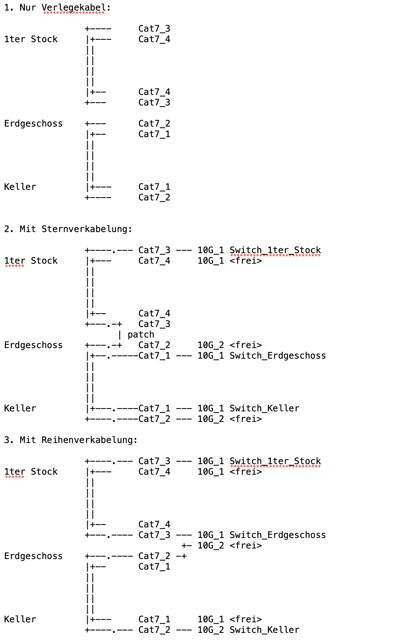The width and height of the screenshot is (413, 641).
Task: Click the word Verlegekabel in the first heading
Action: tap(73, 8)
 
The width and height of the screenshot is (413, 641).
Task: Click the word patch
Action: tap(141, 335)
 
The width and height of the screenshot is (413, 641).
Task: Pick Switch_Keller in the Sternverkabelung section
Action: tap(265, 409)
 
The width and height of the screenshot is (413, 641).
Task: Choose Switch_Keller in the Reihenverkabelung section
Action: tap(265, 630)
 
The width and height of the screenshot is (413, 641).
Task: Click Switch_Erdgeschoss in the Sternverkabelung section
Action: tap(277, 356)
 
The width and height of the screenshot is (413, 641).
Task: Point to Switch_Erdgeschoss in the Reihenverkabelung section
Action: tap(277, 535)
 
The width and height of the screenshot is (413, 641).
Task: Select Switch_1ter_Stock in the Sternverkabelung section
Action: tap(275, 250)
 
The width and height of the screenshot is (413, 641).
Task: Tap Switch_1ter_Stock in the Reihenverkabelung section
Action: tap(275, 461)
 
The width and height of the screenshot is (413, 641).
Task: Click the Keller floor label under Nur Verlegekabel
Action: tap(20, 187)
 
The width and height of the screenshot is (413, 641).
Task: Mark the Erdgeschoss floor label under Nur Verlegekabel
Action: tap(33, 124)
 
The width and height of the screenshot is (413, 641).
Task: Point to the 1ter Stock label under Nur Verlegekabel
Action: tap(31, 39)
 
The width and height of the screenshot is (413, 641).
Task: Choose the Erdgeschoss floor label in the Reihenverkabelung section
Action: tap(33, 556)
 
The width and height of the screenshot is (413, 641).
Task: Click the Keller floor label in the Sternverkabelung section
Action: tap(20, 409)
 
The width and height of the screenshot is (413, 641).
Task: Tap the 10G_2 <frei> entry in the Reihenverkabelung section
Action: tap(230, 545)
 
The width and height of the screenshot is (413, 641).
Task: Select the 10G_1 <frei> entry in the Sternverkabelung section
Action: tap(230, 261)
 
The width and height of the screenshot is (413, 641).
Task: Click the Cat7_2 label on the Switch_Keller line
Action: tap(154, 630)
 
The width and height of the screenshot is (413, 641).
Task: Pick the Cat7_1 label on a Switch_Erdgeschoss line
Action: tap(154, 356)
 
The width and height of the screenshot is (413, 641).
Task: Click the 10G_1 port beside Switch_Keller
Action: tap(211, 409)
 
